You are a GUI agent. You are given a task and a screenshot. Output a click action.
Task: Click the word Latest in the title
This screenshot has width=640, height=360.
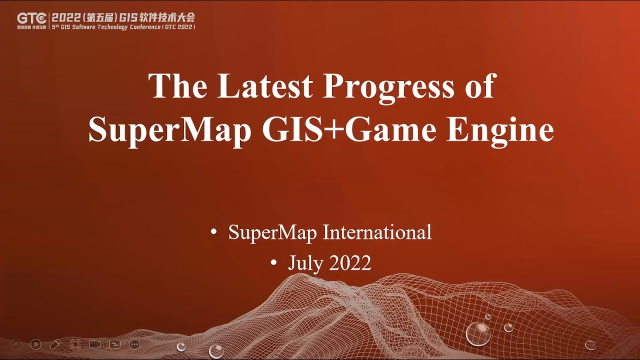[x=264, y=86]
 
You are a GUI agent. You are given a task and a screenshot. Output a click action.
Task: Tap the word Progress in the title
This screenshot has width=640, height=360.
[x=387, y=86]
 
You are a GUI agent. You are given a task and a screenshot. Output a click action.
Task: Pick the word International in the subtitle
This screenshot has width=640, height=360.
[x=377, y=232]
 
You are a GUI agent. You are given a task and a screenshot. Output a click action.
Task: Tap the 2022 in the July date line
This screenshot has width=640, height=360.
[x=350, y=262]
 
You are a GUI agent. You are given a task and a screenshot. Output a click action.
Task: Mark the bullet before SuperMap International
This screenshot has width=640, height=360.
[x=214, y=233]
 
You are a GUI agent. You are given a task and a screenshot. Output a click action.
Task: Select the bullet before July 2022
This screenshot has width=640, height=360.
[x=273, y=263]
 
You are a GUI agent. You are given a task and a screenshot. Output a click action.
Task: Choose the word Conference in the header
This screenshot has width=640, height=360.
[x=144, y=26]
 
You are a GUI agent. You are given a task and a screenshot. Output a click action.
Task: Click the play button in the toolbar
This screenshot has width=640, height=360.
[x=35, y=344]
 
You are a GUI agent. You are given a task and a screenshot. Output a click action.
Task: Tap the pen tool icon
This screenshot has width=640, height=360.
[x=55, y=344]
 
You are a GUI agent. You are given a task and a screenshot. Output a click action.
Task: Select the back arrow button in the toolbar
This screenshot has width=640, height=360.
[x=15, y=344]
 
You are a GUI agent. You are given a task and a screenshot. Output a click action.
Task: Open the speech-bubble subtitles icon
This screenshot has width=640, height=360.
[x=115, y=344]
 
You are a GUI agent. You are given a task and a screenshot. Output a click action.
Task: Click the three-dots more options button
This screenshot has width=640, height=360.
[x=134, y=344]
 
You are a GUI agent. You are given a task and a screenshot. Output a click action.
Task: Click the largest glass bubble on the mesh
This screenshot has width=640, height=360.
[x=478, y=333]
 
